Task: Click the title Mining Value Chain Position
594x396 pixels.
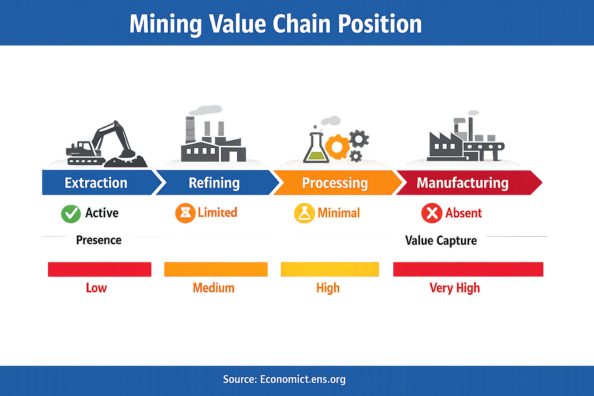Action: pos(275,24)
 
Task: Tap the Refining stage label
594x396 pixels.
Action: pos(214,183)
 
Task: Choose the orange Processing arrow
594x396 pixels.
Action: pos(335,183)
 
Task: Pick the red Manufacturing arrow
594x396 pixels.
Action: pos(463,183)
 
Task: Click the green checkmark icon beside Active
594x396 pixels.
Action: pos(71,213)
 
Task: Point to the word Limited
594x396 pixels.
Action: pos(217,212)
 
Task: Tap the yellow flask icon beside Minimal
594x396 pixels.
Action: pos(304,213)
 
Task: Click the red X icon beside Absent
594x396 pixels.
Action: pos(432,213)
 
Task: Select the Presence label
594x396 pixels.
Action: pos(99,240)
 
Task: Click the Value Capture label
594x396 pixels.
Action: pos(441,241)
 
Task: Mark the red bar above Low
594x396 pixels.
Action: pos(99,269)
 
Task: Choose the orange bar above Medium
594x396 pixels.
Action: pos(216,269)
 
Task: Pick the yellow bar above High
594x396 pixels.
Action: pos(329,269)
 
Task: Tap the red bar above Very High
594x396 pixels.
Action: pos(468,269)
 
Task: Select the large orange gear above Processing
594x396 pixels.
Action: pos(337,147)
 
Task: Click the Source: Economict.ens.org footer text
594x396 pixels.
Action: pos(284,379)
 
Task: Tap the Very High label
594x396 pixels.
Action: pos(455,288)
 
